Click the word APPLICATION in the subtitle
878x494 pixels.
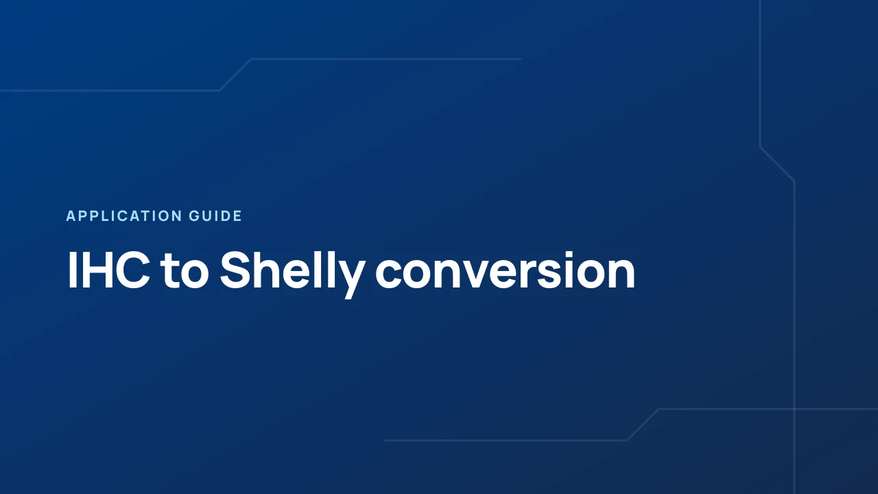point(124,216)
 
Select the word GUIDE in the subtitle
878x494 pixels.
point(215,216)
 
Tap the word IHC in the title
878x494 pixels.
point(108,270)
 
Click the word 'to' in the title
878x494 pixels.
point(185,271)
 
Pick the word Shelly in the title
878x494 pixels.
point(293,274)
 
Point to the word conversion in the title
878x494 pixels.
point(506,271)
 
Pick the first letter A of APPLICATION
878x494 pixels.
point(71,216)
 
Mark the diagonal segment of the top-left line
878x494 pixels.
point(235,75)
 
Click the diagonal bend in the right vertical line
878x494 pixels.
point(777,164)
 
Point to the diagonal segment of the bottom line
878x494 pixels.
point(643,425)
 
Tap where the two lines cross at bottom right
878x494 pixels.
point(794,409)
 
